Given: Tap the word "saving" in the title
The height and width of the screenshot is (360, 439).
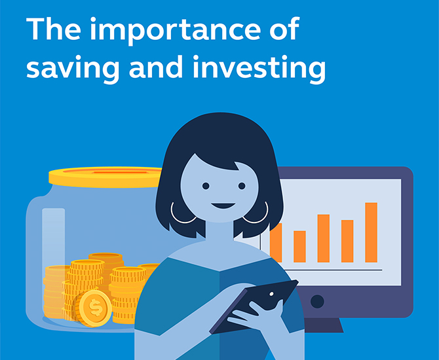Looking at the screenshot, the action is coord(73,69).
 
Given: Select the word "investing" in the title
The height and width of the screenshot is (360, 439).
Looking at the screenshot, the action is coord(259,69).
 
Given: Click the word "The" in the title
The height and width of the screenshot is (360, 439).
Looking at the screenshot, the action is coord(54,29).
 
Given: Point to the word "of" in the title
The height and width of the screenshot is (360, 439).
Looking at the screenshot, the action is coord(285,29).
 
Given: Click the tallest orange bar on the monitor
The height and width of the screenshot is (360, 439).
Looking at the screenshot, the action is coord(371,232).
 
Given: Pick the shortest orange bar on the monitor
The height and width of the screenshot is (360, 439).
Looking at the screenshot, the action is coord(299,246).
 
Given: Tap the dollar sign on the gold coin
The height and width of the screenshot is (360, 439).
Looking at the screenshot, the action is coord(96,308).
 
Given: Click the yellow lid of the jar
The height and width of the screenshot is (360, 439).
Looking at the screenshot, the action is coord(105,177).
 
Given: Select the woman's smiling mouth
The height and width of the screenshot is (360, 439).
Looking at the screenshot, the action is coord(223,206).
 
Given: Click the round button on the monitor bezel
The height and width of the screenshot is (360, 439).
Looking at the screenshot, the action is coord(317,302).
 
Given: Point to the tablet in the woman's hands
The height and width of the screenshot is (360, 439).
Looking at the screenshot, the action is coord(254,306).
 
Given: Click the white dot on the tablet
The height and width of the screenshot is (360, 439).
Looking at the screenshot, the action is coord(271,294).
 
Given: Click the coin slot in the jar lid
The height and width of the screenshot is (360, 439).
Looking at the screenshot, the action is coord(121,172).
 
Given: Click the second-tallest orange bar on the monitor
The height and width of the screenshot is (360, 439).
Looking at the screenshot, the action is coord(324,238).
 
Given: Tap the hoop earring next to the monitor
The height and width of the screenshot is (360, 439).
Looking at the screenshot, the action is coord(257,213).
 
